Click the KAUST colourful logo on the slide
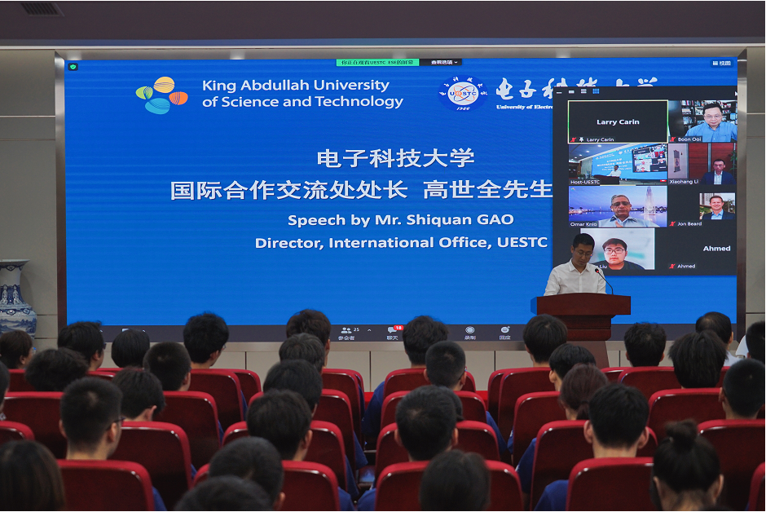click(x=161, y=95)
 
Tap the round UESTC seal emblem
click(x=463, y=93)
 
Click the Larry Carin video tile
click(x=618, y=121)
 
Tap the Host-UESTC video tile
click(x=618, y=163)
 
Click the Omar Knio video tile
click(x=618, y=205)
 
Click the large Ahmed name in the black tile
click(x=716, y=249)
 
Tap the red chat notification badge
click(x=398, y=328)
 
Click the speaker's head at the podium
click(x=583, y=245)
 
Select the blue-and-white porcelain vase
click(x=14, y=298)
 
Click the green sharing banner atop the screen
click(x=378, y=62)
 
